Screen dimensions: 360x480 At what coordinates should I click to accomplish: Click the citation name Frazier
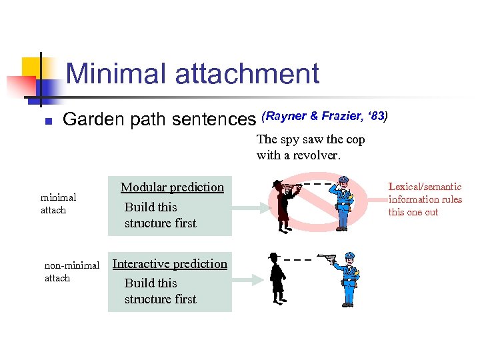point(343,116)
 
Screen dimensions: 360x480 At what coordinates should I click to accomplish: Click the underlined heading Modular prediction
point(172,187)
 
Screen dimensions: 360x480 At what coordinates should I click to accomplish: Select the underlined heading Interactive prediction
point(170,263)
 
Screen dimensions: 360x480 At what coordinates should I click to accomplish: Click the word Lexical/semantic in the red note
point(425,187)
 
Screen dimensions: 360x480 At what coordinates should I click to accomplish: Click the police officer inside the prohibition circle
point(343,203)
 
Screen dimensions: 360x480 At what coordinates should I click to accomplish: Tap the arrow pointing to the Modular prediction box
point(249,208)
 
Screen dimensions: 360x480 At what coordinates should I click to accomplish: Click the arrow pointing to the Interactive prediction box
point(249,284)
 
